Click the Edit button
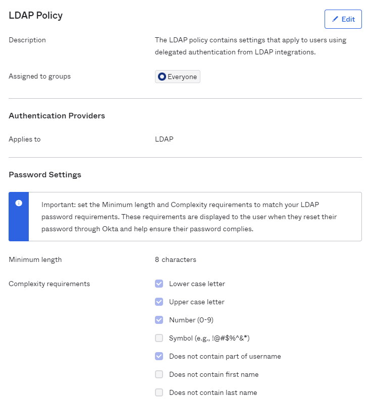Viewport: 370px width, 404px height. [x=343, y=19]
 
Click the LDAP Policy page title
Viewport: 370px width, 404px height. [x=36, y=16]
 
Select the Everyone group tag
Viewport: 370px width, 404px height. [x=178, y=77]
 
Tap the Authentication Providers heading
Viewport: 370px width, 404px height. [x=57, y=116]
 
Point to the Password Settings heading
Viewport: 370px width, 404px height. [x=45, y=175]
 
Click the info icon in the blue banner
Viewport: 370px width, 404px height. [x=19, y=203]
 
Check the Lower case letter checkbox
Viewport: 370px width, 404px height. [x=159, y=284]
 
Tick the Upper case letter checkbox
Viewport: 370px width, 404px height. [x=159, y=302]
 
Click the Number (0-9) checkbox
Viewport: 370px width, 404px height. [x=159, y=320]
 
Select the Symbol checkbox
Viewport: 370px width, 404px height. [x=159, y=338]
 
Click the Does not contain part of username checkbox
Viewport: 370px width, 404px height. [x=159, y=356]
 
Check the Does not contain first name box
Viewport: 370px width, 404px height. [x=159, y=374]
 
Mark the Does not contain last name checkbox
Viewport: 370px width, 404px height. [x=159, y=392]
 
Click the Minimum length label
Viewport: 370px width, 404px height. [x=35, y=260]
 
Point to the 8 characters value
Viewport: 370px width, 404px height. [x=176, y=260]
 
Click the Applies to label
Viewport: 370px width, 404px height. [x=25, y=139]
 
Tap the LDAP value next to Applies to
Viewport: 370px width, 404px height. [x=164, y=139]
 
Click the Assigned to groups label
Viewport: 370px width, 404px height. [x=40, y=77]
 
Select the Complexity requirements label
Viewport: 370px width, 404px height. [x=49, y=284]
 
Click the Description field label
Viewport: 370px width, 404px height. [x=27, y=40]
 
